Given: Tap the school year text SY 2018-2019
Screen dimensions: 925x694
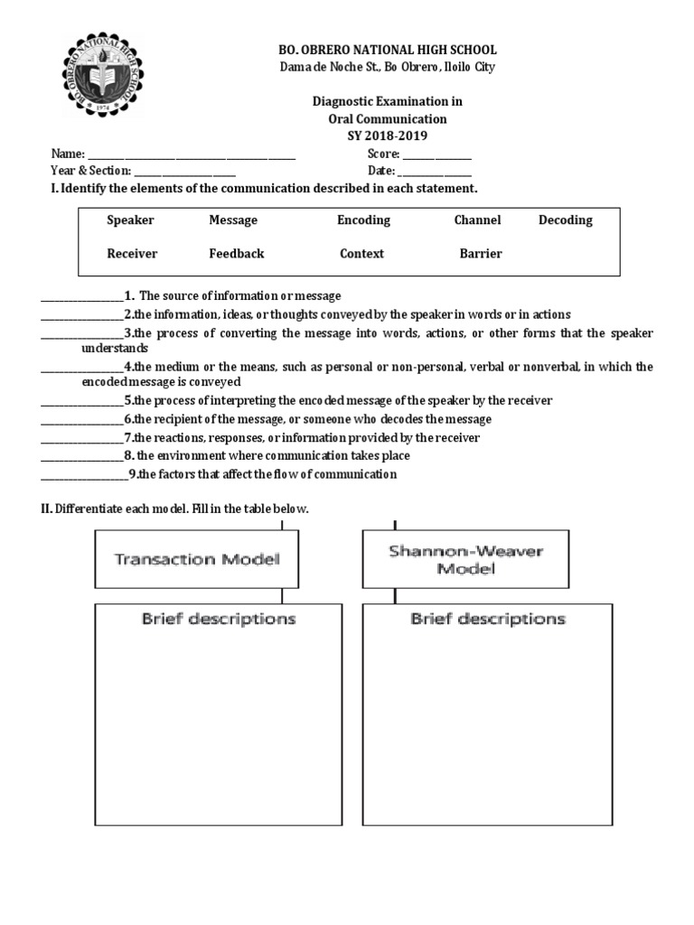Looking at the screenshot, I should pos(386,135).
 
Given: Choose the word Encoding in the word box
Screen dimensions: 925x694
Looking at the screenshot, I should pos(363,220).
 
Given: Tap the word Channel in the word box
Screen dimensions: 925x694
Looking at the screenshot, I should pos(477,220).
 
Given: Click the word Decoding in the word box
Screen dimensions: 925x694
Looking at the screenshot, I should pos(566,220).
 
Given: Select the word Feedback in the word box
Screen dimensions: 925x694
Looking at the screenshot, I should pos(237,254).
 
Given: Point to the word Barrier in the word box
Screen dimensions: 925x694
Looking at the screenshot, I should pos(481,254).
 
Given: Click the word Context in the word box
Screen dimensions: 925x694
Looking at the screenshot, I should pos(361,254).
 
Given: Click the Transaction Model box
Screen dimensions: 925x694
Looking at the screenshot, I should pos(197,559).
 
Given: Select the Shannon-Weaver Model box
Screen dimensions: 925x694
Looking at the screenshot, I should pos(466,559).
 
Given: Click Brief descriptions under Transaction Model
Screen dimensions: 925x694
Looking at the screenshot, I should pos(219,620).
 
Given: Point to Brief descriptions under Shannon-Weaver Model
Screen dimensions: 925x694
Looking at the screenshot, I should pos(488,620).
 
